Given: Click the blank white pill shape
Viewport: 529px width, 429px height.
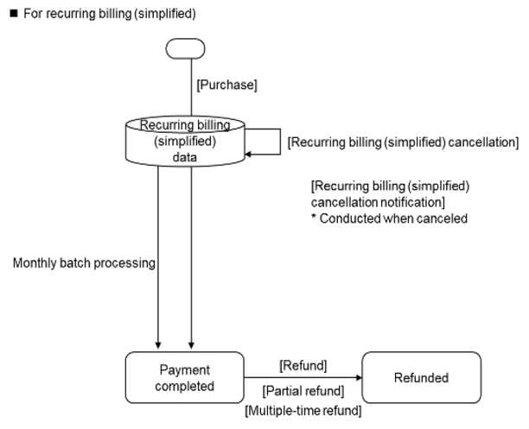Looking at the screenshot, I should (x=185, y=48).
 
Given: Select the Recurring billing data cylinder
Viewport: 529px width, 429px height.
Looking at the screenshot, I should (x=185, y=142).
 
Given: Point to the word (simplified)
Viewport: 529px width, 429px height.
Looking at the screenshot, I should (x=185, y=141).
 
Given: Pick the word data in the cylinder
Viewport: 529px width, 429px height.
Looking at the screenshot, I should (x=185, y=157).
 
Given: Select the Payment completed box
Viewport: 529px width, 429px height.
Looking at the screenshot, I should (x=185, y=377).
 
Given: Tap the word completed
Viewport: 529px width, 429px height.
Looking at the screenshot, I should (x=185, y=386).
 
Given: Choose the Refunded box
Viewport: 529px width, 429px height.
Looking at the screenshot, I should (x=421, y=377).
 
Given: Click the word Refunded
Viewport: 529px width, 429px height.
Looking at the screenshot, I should (x=421, y=378).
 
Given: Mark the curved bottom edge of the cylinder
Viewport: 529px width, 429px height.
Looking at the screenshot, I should (x=185, y=165).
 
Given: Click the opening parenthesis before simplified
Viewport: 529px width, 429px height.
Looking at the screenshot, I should (x=156, y=141).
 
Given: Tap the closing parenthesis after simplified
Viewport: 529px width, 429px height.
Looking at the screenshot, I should (x=214, y=141).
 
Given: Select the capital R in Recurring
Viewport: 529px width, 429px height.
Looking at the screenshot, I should (x=143, y=125).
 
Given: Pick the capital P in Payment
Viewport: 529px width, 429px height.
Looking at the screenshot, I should (x=163, y=370).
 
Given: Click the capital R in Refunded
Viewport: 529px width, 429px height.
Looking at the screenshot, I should (x=398, y=378).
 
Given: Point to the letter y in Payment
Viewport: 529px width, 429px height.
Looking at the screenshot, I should (x=176, y=372).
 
